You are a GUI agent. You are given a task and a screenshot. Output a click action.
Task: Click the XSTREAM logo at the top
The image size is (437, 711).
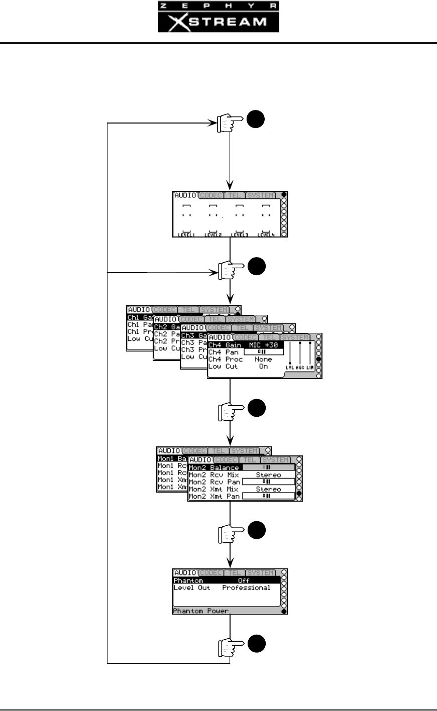pyautogui.click(x=219, y=22)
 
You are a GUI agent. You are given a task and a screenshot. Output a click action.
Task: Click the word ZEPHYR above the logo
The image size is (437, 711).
pyautogui.click(x=219, y=6)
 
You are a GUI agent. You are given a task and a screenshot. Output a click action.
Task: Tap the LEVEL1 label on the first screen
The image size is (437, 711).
pyautogui.click(x=186, y=234)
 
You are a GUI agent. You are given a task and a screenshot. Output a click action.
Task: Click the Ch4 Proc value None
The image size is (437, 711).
pyautogui.click(x=263, y=360)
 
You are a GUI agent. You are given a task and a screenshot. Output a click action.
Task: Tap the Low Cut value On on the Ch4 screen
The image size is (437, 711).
pyautogui.click(x=263, y=367)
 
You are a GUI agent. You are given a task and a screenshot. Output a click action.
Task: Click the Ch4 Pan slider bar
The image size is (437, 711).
pyautogui.click(x=263, y=352)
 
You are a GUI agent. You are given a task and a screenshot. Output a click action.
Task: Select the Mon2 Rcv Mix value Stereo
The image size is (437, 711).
pyautogui.click(x=268, y=475)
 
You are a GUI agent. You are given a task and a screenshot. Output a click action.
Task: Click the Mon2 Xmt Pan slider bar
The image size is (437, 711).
pyautogui.click(x=268, y=496)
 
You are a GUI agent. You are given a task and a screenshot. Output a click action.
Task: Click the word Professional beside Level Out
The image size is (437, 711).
pyautogui.click(x=246, y=587)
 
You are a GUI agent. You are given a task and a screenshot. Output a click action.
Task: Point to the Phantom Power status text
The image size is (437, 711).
pyautogui.click(x=201, y=611)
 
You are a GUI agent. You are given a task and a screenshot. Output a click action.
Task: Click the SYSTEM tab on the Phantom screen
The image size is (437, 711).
pyautogui.click(x=261, y=573)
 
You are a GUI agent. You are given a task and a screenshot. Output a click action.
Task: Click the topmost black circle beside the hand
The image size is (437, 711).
pyautogui.click(x=256, y=120)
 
